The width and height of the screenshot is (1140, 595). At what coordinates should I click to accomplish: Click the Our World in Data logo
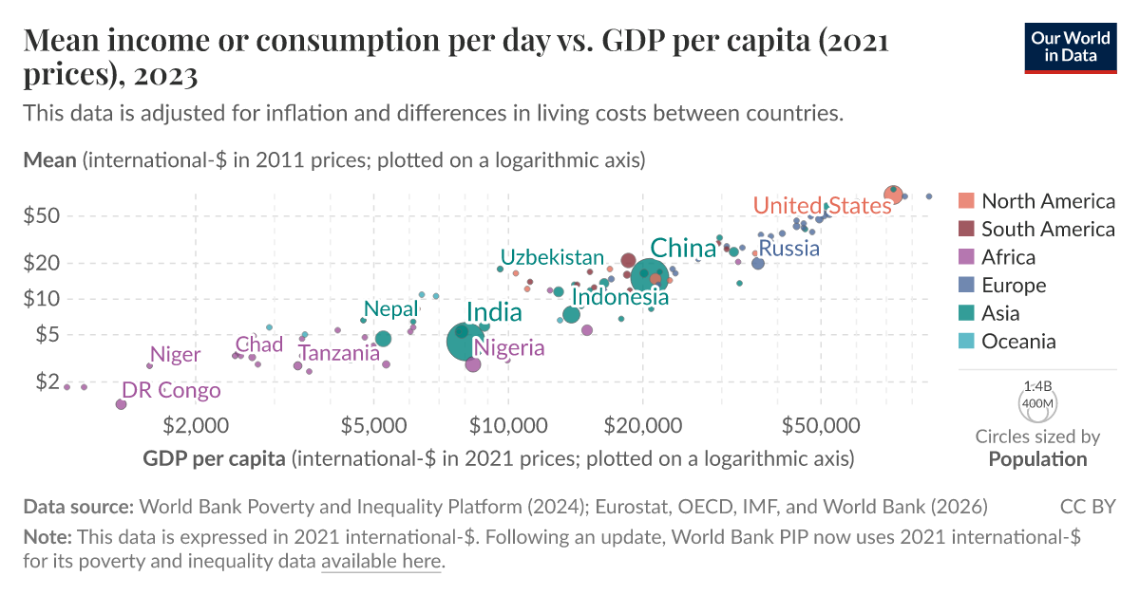[x=1070, y=46]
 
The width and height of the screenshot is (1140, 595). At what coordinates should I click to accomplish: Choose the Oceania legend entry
[x=1018, y=342]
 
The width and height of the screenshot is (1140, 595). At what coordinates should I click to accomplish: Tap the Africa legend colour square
[x=966, y=257]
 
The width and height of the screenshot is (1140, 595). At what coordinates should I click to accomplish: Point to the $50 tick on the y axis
[x=42, y=215]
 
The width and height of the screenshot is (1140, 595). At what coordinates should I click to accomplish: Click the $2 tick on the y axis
[x=47, y=381]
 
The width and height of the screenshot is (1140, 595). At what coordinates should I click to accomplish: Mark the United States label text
[x=822, y=206]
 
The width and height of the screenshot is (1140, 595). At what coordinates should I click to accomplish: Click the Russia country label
[x=788, y=250]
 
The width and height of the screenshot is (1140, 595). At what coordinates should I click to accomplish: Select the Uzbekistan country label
[x=552, y=257]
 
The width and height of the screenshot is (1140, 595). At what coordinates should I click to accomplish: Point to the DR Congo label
[x=171, y=391]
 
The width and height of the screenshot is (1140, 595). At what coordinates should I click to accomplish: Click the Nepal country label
[x=390, y=309]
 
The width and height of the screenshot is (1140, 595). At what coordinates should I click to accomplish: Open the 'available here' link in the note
[x=381, y=561]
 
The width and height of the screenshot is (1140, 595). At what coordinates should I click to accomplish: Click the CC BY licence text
[x=1088, y=507]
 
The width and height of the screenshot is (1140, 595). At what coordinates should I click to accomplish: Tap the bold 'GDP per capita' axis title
[x=214, y=459]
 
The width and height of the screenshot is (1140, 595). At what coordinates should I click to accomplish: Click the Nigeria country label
[x=509, y=348]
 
